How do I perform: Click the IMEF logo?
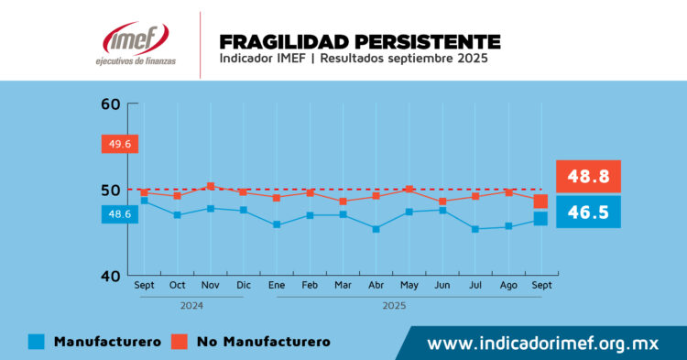pyautogui.click(x=136, y=43)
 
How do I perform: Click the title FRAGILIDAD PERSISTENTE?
pyautogui.click(x=360, y=42)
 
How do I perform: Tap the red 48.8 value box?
pyautogui.click(x=588, y=175)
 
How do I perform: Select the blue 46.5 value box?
pyautogui.click(x=588, y=212)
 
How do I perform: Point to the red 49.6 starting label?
pyautogui.click(x=119, y=144)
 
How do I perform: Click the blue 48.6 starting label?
pyautogui.click(x=119, y=214)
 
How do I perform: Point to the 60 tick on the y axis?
pyautogui.click(x=111, y=104)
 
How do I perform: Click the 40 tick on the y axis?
pyautogui.click(x=111, y=276)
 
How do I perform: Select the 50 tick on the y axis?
pyautogui.click(x=111, y=190)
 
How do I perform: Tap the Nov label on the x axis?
pyautogui.click(x=211, y=286)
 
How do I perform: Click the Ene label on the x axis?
pyautogui.click(x=277, y=286)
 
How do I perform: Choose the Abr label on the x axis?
pyautogui.click(x=376, y=286)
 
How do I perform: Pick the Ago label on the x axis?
pyautogui.click(x=508, y=286)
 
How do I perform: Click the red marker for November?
pyautogui.click(x=211, y=186)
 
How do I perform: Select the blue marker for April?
pyautogui.click(x=376, y=229)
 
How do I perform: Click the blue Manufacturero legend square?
pyautogui.click(x=36, y=342)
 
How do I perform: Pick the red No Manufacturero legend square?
pyautogui.click(x=180, y=342)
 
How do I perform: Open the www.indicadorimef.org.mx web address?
pyautogui.click(x=544, y=344)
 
